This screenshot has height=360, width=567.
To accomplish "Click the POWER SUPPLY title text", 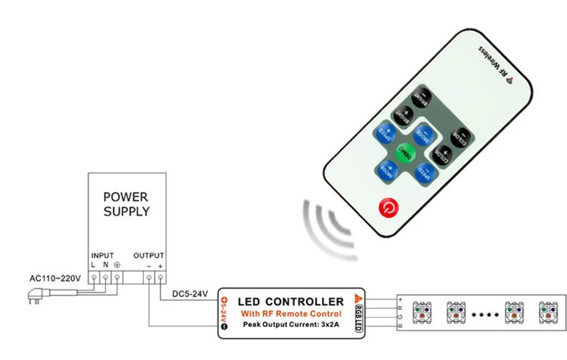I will [x=126, y=204].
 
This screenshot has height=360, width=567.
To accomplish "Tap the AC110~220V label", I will [x=55, y=278].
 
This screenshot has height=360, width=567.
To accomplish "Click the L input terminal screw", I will [x=94, y=278].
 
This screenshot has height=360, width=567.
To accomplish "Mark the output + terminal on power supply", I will [x=160, y=278].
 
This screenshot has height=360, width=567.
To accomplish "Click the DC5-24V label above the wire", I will [x=190, y=295].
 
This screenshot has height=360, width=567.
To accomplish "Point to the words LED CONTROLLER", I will [x=291, y=301].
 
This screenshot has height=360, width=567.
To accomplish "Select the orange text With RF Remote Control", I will [x=290, y=314].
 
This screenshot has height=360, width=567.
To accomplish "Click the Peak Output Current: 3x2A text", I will [x=290, y=324].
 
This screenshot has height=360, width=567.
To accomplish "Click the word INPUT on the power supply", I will [x=102, y=255].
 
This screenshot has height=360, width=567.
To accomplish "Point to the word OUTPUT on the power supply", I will [x=149, y=255].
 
